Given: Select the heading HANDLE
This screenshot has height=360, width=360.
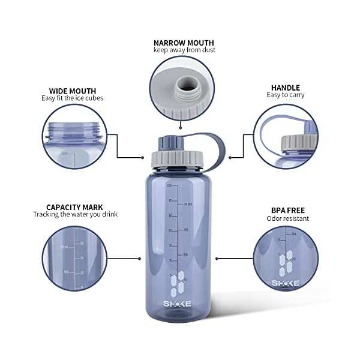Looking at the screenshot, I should (286, 87).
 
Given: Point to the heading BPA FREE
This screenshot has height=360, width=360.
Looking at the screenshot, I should (288, 210).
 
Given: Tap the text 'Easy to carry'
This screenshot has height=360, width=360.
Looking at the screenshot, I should (286, 95).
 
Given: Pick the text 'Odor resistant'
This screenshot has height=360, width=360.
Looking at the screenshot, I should (288, 218).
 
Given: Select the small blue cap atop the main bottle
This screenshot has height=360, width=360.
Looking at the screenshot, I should (166, 143).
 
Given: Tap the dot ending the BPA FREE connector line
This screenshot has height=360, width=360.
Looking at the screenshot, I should (217, 259).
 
